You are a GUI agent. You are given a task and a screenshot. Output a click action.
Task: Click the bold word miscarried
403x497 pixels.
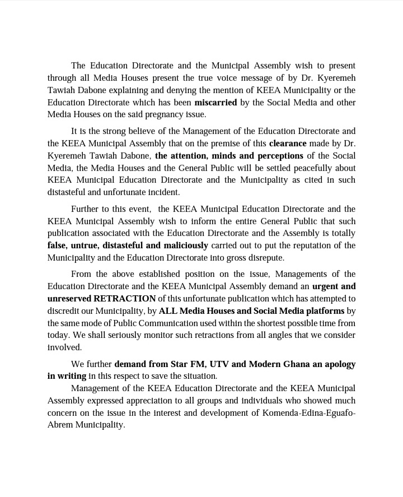coord(215,103)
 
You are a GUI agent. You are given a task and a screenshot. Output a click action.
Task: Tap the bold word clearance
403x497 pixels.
coord(287,143)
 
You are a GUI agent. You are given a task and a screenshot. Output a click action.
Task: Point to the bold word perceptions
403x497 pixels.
coord(275,156)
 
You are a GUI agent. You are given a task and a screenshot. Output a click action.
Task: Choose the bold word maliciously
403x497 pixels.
coord(181,245)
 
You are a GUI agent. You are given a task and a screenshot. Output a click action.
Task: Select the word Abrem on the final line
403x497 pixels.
coord(60,425)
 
